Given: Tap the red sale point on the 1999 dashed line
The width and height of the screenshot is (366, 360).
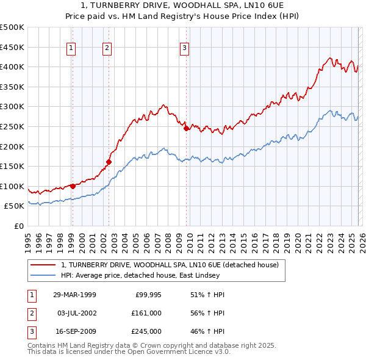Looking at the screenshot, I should coord(73,186).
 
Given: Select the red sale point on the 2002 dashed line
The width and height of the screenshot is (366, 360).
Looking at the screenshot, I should coord(109,162).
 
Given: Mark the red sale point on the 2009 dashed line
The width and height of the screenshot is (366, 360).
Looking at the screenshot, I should coord(186,128).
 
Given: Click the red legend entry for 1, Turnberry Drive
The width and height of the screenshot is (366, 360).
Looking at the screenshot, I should coord(170,265).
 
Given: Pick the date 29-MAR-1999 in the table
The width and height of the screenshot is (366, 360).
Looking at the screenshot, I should coord(74,295).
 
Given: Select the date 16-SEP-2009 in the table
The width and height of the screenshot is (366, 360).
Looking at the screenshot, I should coord(74,331).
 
